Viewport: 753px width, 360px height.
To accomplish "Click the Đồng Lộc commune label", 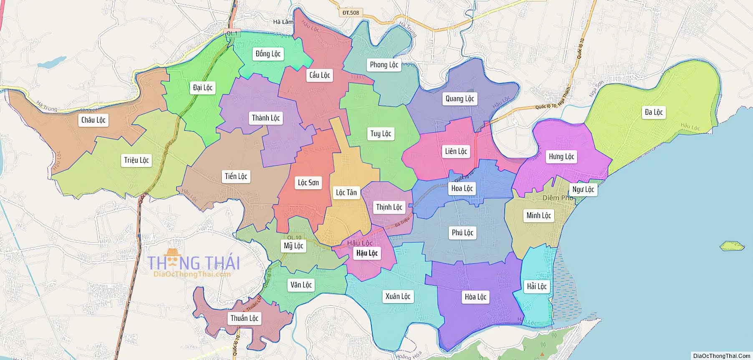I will click(268, 54).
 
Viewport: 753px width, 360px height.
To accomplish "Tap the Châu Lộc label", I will click(93, 120).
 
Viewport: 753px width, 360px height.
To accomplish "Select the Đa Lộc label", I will click(653, 112).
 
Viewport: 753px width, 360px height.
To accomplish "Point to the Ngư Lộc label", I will click(583, 189).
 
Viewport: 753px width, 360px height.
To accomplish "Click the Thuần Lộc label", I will click(244, 318).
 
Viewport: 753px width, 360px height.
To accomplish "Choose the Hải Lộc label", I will click(536, 287).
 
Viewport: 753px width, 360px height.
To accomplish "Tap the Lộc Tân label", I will click(346, 192).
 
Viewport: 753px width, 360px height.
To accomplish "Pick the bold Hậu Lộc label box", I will click(366, 253).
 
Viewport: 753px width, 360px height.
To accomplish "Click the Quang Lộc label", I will click(460, 99).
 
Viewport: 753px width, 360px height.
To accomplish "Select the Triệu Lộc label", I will click(136, 160).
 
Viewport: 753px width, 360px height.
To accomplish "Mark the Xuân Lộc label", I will click(397, 297).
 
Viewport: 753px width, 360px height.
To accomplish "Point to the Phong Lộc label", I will click(384, 65).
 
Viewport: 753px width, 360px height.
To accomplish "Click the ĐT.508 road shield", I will click(350, 13).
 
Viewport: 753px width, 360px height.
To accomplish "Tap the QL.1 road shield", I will click(231, 33).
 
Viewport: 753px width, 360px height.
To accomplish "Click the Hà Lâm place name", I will click(283, 22).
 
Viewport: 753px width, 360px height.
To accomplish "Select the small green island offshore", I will click(732, 246).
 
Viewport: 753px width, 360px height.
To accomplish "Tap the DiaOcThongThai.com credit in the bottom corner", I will click(721, 356).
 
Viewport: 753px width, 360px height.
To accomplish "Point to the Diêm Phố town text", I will click(558, 198).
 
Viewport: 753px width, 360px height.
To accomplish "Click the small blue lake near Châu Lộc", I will click(52, 63).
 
